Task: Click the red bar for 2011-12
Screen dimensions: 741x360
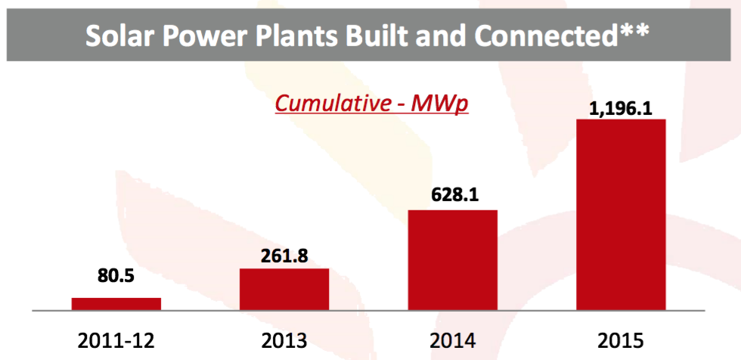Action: tap(116, 304)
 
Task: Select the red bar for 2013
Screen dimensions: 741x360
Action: tap(284, 289)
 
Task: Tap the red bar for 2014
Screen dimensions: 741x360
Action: tap(453, 260)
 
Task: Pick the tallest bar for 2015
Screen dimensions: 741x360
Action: tap(621, 215)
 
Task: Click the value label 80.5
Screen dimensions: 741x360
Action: tap(116, 276)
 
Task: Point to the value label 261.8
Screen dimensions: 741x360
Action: tap(284, 256)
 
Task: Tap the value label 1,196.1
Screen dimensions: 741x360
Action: tap(621, 109)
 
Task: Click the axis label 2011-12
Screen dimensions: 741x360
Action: tap(116, 340)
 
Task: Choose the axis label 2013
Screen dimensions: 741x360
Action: tap(284, 340)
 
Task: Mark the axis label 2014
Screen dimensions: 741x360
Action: tap(453, 340)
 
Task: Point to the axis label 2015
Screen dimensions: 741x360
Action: tap(621, 340)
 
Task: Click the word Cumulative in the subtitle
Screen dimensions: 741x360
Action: tap(331, 104)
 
